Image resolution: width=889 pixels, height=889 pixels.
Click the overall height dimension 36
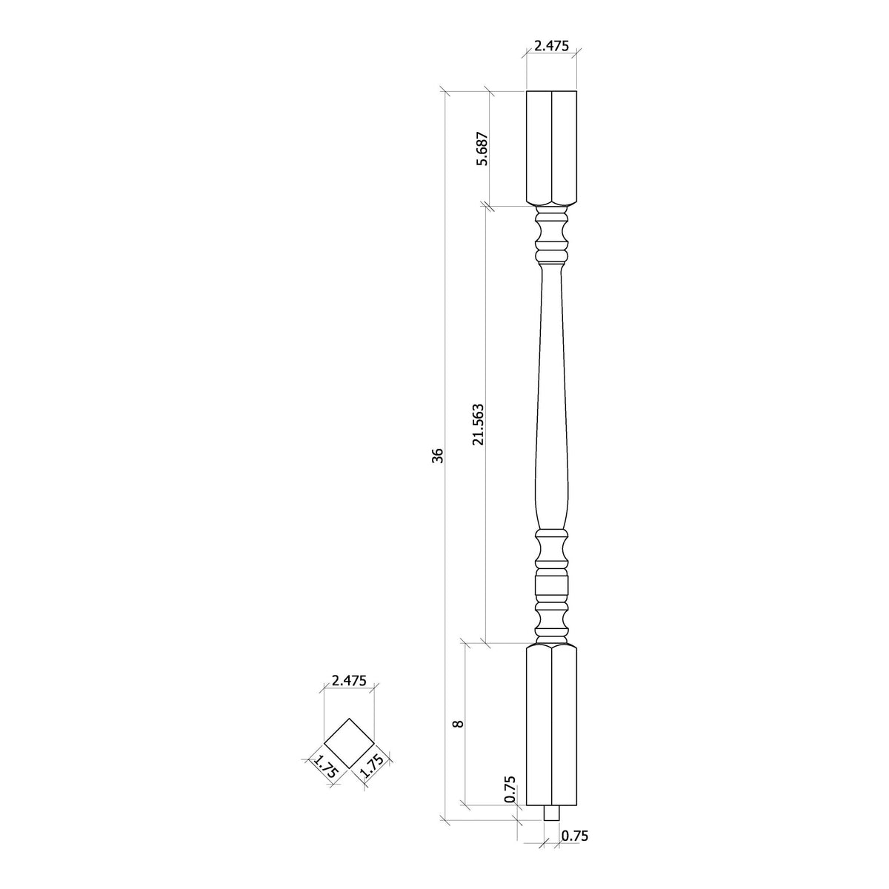438,455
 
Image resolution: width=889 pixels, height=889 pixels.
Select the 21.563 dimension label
479,424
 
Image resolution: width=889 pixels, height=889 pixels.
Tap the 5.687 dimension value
482,149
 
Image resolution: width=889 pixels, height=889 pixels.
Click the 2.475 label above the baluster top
551,45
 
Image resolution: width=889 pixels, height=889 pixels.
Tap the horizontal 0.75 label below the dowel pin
575,836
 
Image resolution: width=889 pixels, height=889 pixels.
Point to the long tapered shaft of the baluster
551,400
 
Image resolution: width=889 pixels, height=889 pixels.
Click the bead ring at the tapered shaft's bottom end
551,533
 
